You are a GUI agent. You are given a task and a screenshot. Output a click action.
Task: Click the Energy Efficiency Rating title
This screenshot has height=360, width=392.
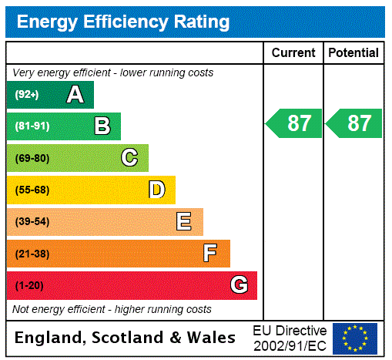click(x=123, y=22)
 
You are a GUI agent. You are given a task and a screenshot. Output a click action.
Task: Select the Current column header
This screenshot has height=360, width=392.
click(x=293, y=52)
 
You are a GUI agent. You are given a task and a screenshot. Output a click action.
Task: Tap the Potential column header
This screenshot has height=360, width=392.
click(x=353, y=52)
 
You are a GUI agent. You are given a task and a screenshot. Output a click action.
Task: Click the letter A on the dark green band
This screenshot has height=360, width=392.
click(x=75, y=95)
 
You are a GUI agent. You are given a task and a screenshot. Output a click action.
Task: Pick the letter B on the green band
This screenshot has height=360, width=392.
click(x=102, y=126)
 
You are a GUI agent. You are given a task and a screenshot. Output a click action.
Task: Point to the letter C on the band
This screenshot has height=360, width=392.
click(x=129, y=158)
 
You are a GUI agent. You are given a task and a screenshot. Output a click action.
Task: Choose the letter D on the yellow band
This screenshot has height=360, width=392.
click(x=156, y=190)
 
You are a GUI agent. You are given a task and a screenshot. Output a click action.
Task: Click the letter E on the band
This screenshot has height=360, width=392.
click(x=184, y=222)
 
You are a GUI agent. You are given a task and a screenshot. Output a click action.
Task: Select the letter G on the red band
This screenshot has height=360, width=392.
click(x=239, y=285)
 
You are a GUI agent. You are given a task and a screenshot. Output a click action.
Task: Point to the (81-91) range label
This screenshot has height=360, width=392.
click(x=32, y=126)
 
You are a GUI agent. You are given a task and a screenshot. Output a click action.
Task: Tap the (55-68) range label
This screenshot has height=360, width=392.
click(x=32, y=190)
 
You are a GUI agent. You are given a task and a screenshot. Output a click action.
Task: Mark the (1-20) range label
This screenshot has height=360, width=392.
click(x=29, y=285)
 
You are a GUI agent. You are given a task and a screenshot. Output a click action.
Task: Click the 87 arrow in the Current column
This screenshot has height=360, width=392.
click(x=294, y=123)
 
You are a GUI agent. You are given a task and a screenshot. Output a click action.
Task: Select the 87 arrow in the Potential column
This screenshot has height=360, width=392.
click(x=354, y=123)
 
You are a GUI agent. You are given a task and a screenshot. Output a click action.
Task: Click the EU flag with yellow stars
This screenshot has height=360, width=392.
click(x=355, y=338)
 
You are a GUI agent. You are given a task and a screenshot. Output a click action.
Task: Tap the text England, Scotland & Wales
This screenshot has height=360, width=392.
click(x=126, y=338)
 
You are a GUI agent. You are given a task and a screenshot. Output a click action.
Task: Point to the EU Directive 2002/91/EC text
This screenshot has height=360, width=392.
click(x=290, y=338)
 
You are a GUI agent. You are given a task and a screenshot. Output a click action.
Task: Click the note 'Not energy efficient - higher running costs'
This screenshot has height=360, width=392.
click(x=112, y=309)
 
